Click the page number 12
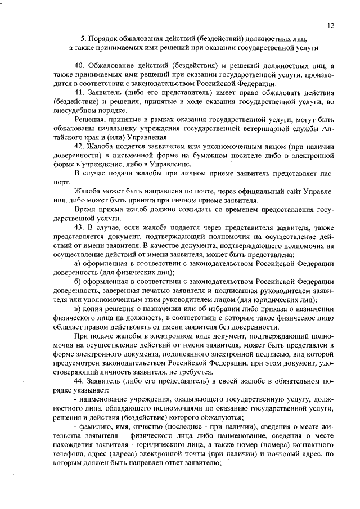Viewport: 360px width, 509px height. [330, 25]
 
